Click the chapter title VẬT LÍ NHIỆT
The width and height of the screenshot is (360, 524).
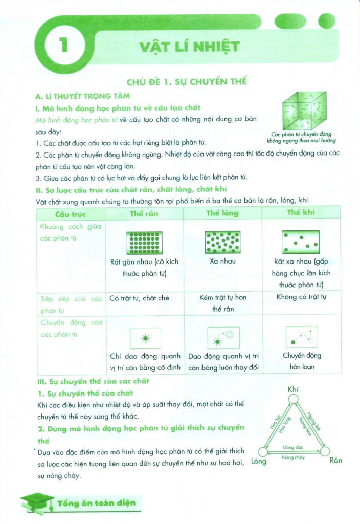click(x=189, y=47)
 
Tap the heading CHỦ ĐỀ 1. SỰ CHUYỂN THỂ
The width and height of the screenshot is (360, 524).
click(x=187, y=81)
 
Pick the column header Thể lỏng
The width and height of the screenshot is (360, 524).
click(x=222, y=213)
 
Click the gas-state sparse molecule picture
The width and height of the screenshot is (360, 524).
click(x=301, y=241)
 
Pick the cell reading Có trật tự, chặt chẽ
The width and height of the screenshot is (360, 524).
click(x=139, y=298)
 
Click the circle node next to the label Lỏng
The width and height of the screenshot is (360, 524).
click(x=262, y=452)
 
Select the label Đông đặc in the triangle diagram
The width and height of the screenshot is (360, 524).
click(x=294, y=447)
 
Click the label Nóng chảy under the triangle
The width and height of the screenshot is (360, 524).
click(x=294, y=457)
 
